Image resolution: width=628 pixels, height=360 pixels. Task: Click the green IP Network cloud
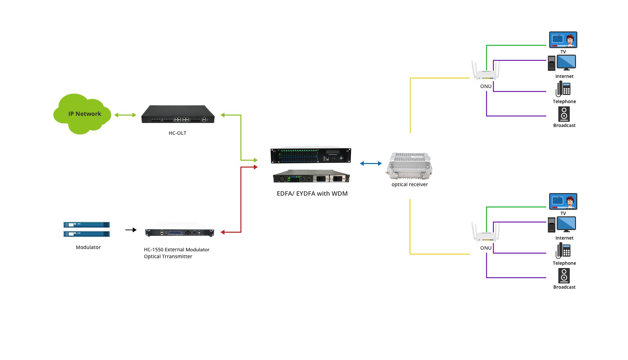click(x=82, y=114)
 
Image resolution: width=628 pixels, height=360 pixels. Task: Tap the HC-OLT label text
click(x=177, y=133)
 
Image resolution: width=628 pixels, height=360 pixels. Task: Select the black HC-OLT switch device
click(x=178, y=115)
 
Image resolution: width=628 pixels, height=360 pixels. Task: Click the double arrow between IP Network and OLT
click(x=125, y=115)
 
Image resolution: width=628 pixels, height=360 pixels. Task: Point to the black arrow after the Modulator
click(x=131, y=230)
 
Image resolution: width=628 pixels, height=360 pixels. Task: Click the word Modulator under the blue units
click(x=88, y=247)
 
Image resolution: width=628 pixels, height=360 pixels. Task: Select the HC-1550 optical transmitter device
click(x=180, y=232)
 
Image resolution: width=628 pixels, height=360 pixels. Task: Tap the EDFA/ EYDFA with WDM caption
click(x=312, y=193)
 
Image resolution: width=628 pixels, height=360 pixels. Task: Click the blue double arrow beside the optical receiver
click(x=371, y=163)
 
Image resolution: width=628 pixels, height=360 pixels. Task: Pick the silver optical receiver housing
click(x=410, y=166)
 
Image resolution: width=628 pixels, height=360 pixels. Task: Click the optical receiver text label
click(x=410, y=185)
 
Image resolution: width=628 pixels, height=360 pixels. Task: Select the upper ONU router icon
click(x=486, y=72)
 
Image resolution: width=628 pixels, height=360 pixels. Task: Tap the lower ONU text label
click(x=486, y=248)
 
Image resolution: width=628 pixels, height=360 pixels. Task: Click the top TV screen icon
click(x=563, y=40)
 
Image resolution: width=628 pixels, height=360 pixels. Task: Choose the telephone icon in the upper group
click(x=563, y=89)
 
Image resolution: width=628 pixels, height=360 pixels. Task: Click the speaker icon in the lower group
click(x=564, y=276)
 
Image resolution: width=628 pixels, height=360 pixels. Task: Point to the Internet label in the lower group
click(x=564, y=238)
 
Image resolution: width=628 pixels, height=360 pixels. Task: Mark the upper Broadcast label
click(x=564, y=125)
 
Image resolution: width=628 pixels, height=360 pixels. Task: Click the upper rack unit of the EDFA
click(x=311, y=155)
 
